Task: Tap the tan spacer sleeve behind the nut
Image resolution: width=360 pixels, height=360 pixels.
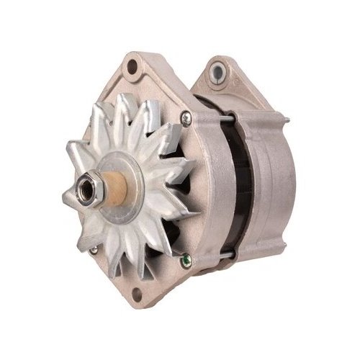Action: pyautogui.click(x=115, y=188)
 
